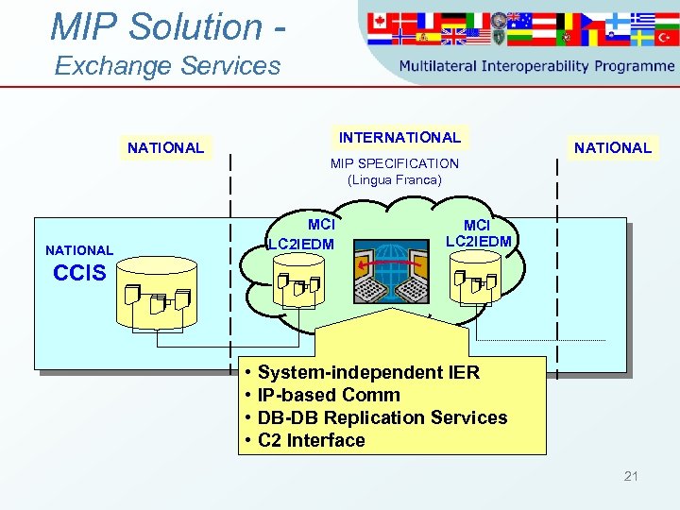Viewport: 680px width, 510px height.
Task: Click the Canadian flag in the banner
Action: click(x=383, y=20)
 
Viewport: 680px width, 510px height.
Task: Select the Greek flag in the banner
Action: click(x=643, y=20)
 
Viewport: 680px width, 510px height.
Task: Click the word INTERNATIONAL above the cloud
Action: click(x=399, y=138)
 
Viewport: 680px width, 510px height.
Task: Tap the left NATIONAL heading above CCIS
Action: click(x=165, y=147)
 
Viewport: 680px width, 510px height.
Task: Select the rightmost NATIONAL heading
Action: click(x=613, y=147)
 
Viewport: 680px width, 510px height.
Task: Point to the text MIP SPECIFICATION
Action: click(x=394, y=163)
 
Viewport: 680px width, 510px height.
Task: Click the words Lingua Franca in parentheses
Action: click(x=394, y=178)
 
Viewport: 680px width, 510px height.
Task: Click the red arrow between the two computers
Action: click(x=378, y=265)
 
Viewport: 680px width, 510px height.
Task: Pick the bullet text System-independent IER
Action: click(x=368, y=372)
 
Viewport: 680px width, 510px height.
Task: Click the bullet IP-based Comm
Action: click(x=329, y=395)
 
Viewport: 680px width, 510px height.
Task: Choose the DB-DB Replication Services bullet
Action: click(x=382, y=417)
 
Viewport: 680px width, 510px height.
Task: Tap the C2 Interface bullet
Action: click(x=311, y=440)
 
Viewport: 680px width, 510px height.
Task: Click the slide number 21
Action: click(x=631, y=476)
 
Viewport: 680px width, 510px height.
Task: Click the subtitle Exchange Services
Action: click(x=167, y=66)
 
